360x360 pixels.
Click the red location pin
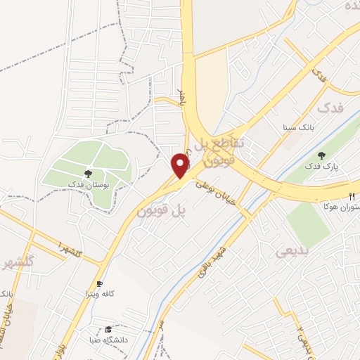(x=181, y=165)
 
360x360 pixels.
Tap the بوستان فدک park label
(x=89, y=184)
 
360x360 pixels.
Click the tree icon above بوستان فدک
(x=89, y=173)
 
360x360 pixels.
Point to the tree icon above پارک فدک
(x=322, y=156)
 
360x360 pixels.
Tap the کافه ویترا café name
(x=100, y=292)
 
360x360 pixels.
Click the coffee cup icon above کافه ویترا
(x=100, y=282)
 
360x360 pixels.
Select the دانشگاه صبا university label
(x=108, y=338)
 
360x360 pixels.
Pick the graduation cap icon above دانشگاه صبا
(x=108, y=328)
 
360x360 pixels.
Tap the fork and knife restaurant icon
(x=352, y=196)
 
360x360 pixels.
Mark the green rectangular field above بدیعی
(x=307, y=224)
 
